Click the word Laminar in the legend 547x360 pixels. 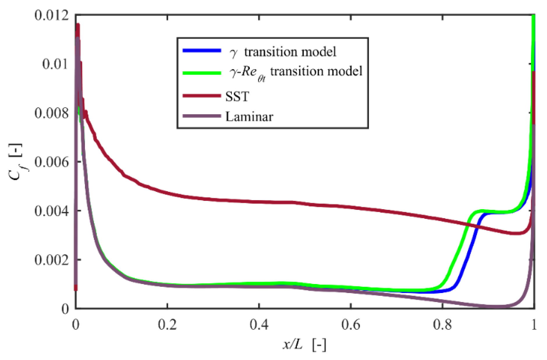[x=249, y=117]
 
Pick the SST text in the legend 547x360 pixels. [x=237, y=97]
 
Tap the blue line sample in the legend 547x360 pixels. [x=202, y=51]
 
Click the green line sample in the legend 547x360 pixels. [x=202, y=73]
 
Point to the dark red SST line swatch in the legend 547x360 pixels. [x=202, y=96]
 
